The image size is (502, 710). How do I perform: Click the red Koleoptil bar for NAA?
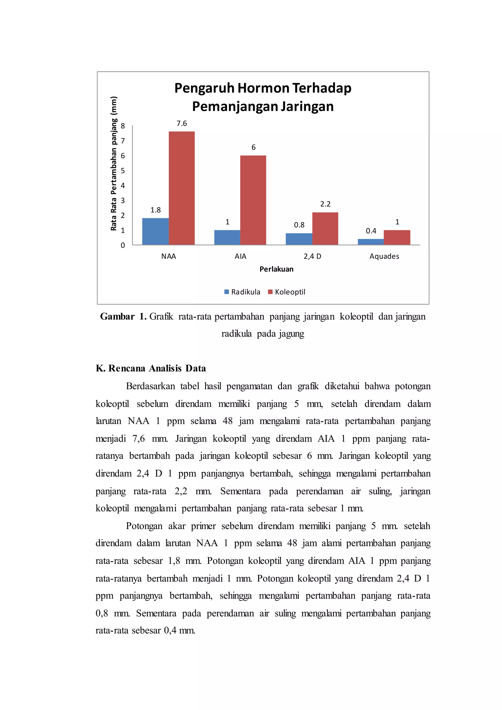tap(182, 188)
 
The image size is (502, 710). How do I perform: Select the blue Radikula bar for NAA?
tap(155, 231)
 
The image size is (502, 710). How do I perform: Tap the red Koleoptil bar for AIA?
tap(253, 200)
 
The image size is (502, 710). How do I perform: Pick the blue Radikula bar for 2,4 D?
tap(299, 239)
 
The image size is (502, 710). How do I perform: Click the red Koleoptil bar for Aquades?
tap(397, 238)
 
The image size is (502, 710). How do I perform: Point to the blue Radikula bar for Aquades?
tap(371, 242)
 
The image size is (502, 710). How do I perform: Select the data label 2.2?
tap(325, 204)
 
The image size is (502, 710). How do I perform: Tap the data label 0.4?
tap(371, 231)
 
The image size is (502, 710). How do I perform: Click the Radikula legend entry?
tap(242, 292)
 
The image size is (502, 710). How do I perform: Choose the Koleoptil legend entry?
tap(287, 292)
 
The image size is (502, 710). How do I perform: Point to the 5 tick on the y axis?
tap(123, 171)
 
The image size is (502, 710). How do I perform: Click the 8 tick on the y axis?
tap(123, 126)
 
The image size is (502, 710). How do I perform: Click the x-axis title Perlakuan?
tap(276, 269)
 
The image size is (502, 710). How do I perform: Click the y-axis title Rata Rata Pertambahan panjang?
tap(114, 164)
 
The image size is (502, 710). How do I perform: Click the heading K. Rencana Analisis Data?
tap(151, 368)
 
